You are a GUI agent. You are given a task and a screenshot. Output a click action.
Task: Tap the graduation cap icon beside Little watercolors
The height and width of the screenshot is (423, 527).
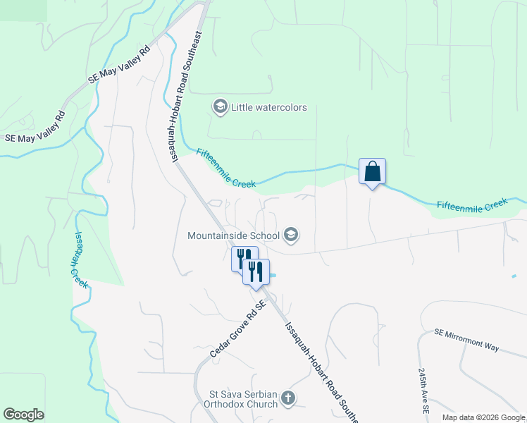pos(220,107)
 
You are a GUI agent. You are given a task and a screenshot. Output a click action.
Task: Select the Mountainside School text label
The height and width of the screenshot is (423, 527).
pos(234,235)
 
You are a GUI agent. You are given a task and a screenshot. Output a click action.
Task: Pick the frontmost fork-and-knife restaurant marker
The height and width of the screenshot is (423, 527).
pos(255,271)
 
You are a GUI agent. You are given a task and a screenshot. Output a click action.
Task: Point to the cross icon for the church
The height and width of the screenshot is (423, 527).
pos(287,399)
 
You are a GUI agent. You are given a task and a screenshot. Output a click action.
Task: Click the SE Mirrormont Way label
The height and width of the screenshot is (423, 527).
pos(466,340)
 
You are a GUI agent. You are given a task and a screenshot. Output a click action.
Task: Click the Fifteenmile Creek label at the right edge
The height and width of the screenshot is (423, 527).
pos(472,204)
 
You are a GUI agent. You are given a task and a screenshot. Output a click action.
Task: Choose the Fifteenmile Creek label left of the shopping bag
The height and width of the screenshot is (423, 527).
pos(225,168)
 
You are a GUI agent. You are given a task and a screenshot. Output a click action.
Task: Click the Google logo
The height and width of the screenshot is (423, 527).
pos(23,415)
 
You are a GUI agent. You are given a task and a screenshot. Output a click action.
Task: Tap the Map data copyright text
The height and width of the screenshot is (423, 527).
pos(483,417)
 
